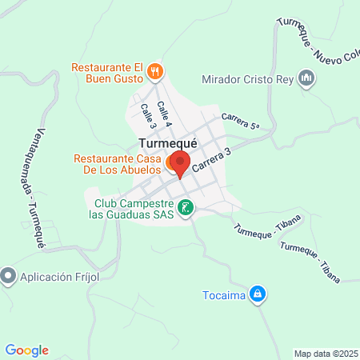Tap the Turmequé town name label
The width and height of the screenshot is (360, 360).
(x=168, y=143)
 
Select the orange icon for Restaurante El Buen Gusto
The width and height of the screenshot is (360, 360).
(x=156, y=72)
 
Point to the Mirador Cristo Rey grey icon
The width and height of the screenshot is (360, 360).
(x=305, y=78)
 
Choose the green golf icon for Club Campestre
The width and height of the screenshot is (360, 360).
(x=185, y=209)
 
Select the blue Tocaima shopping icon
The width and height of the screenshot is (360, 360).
(x=257, y=294)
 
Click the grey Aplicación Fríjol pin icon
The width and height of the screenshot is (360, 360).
(x=9, y=276)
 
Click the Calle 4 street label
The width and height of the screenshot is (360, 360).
(x=164, y=114)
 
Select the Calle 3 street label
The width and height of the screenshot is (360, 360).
(x=148, y=116)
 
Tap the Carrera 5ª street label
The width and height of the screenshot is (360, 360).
(x=242, y=121)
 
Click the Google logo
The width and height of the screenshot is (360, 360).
(x=27, y=350)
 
